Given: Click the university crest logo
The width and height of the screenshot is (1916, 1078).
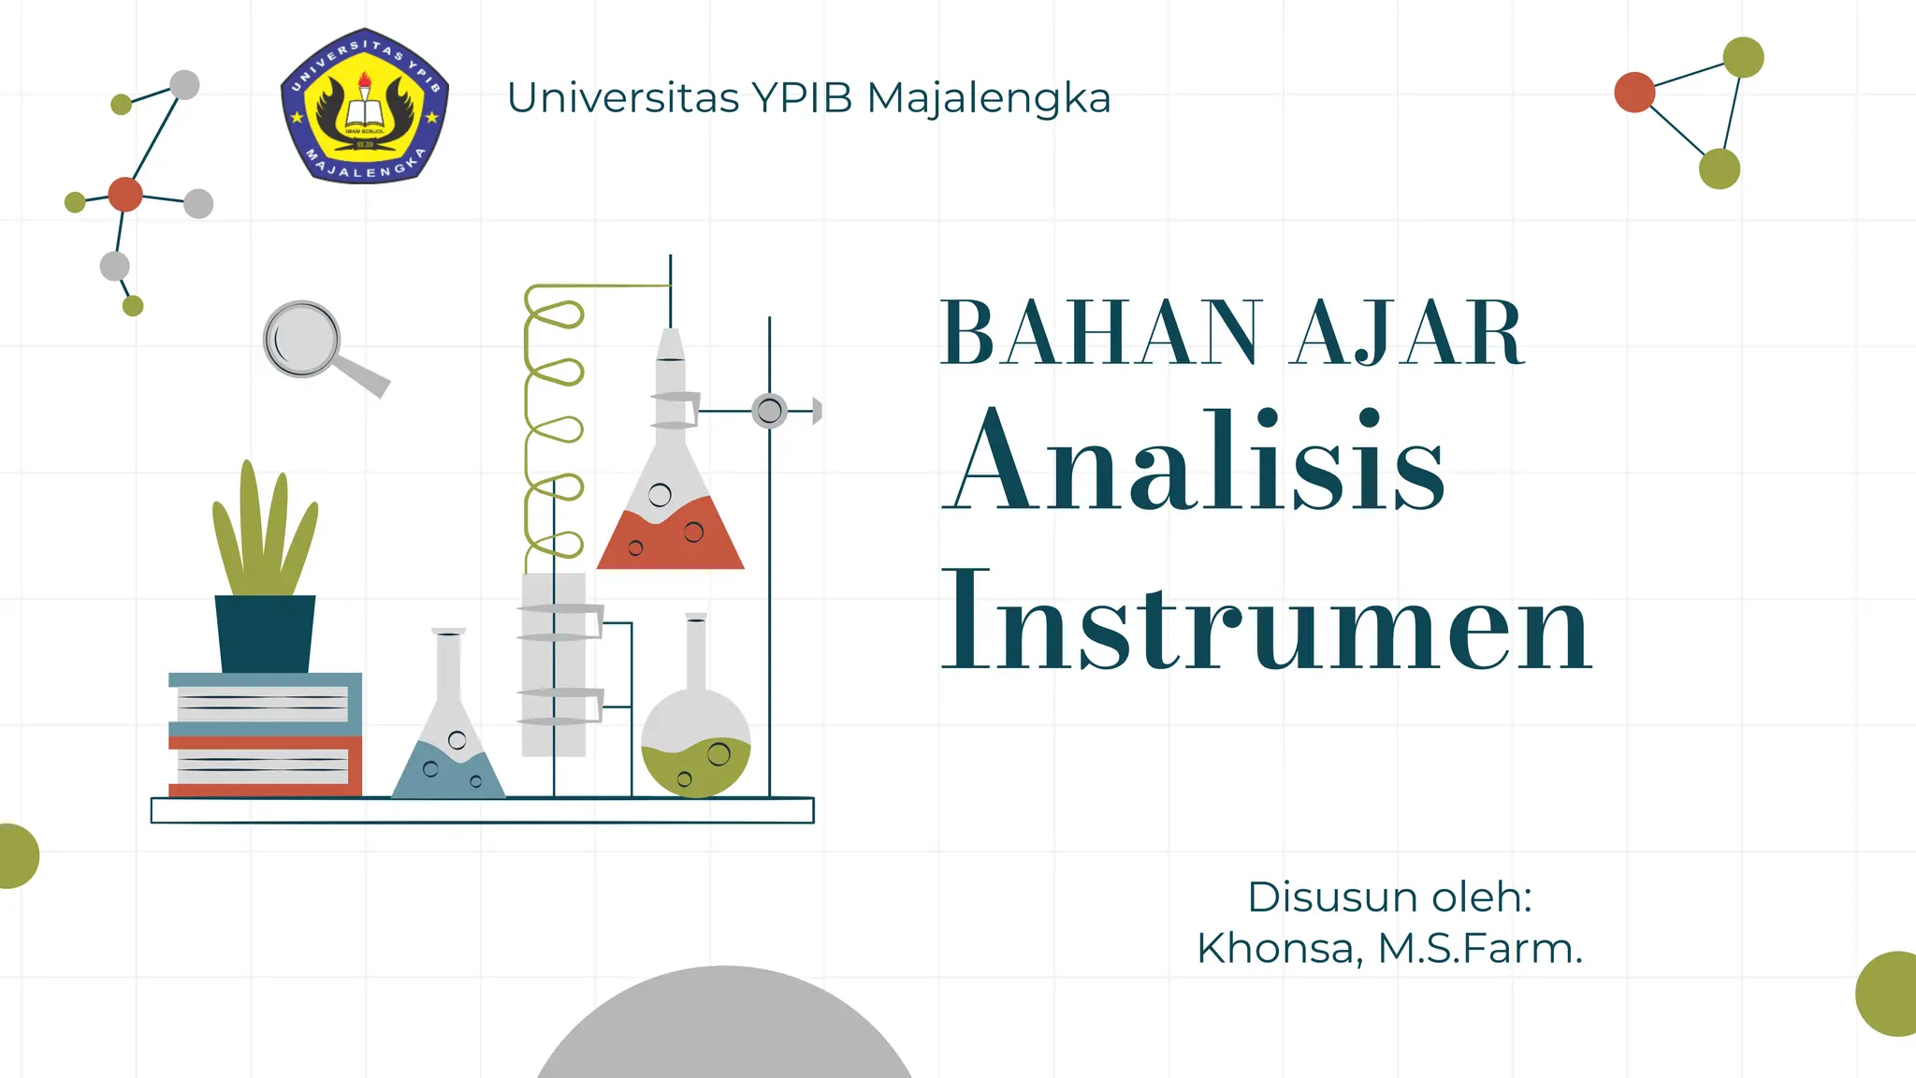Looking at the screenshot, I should pos(365,105).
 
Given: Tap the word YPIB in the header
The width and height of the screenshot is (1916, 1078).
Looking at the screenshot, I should pos(803,97).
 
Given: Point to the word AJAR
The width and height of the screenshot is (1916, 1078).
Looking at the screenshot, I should pos(1407,333).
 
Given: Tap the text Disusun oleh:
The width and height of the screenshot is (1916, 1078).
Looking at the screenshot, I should pos(1390,897).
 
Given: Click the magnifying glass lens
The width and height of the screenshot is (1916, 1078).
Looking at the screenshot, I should pos(301,339).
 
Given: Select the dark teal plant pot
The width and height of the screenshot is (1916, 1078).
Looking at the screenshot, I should pos(265,634).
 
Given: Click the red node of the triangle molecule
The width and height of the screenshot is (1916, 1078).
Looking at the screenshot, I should pos(1634,93).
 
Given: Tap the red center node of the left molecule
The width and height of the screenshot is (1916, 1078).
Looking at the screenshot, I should pos(125,195).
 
